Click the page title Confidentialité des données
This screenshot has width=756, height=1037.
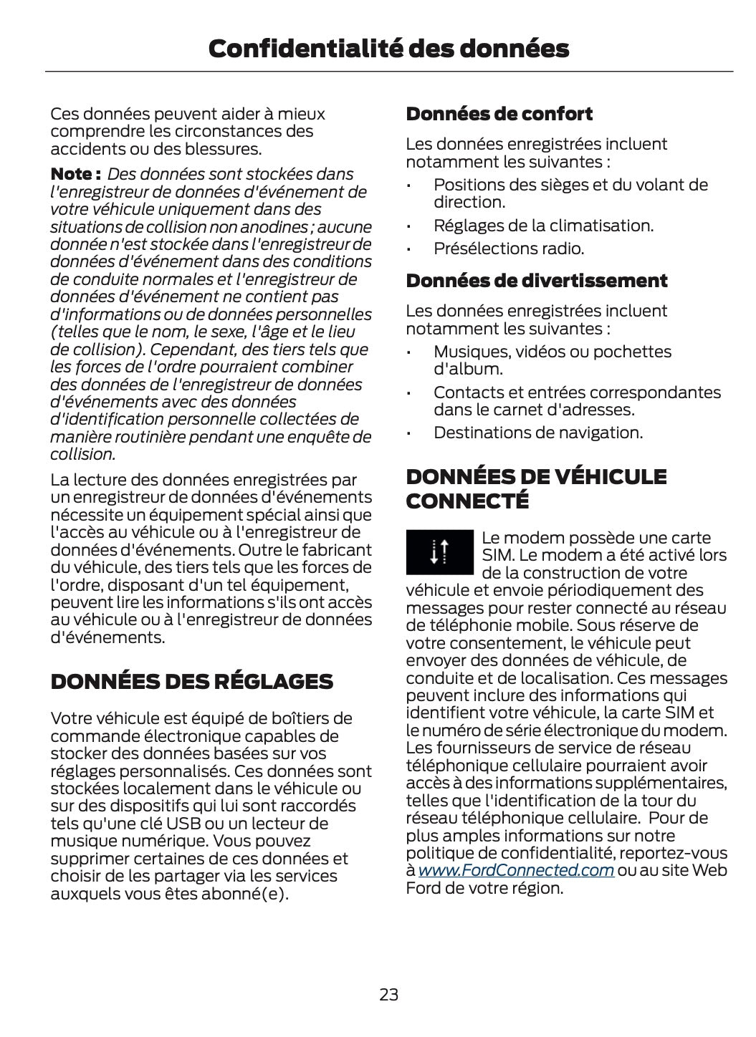388,49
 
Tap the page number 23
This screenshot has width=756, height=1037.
388,994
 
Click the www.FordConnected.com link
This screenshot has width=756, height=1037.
515,870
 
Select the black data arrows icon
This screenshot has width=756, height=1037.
439,551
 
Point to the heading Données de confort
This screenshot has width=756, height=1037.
499,114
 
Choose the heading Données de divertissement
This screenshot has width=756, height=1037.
536,281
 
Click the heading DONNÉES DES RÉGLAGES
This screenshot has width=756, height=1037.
191,681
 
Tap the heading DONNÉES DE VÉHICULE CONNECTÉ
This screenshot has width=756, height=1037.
535,488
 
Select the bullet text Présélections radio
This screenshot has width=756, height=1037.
508,249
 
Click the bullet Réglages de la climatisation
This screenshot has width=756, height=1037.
543,226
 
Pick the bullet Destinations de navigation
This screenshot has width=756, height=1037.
537,433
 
